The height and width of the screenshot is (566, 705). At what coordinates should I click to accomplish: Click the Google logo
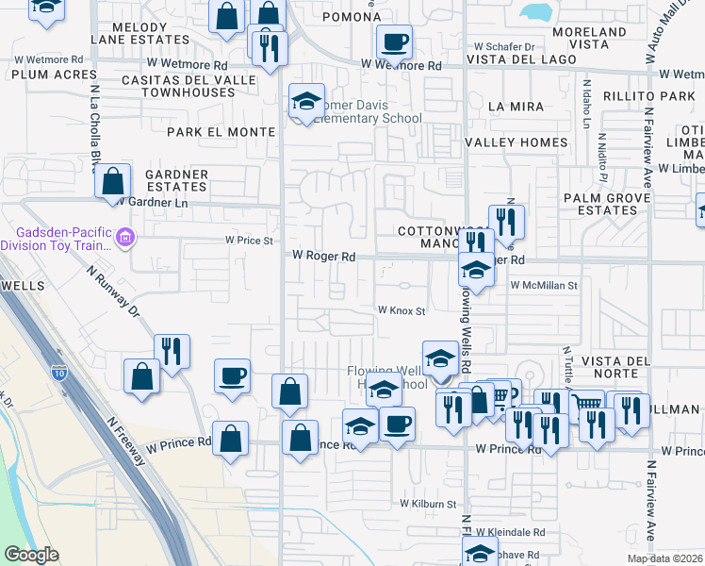point(30,555)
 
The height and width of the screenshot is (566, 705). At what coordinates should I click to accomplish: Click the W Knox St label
point(402,310)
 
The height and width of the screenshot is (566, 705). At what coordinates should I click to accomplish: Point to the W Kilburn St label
point(428,505)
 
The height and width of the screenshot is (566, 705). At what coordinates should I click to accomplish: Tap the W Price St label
point(249,241)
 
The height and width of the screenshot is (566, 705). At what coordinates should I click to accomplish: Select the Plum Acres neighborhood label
point(43,75)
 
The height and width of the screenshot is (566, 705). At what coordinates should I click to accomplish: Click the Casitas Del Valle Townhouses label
point(189,87)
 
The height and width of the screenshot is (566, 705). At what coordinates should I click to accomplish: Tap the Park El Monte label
point(221,132)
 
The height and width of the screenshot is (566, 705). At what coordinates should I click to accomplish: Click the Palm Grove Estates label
point(607,204)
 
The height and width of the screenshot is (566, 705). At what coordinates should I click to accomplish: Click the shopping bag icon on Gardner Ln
point(113,179)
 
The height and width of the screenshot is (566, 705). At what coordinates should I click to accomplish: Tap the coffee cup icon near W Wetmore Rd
point(395,41)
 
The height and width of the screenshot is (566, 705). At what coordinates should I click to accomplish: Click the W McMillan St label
point(544,284)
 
